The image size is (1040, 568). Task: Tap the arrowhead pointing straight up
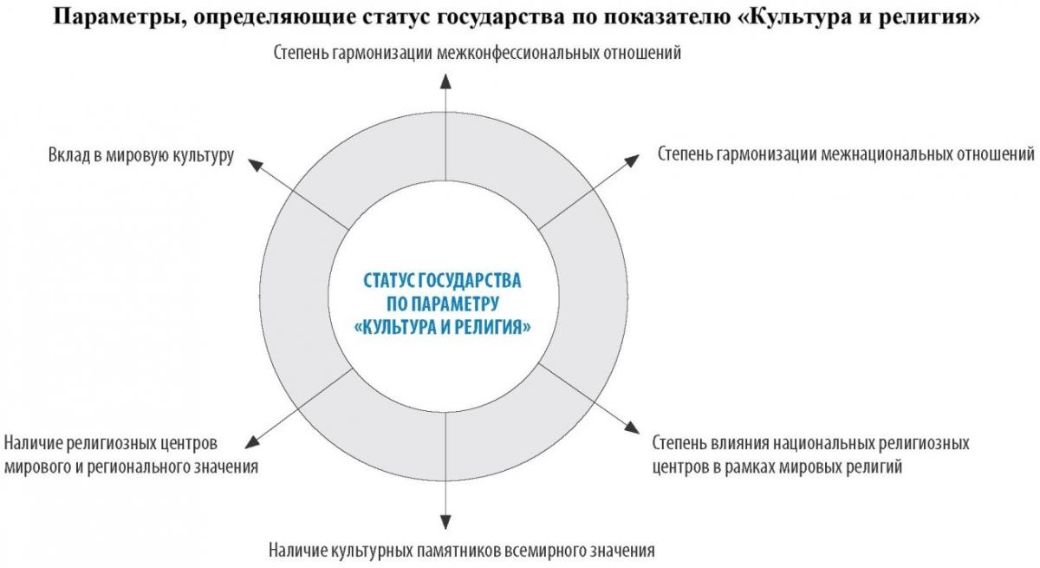coord(445,81)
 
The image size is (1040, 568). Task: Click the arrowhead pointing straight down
coord(445,522)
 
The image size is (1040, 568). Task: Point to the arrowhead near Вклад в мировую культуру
coord(256,165)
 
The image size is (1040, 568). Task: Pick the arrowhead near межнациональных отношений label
coord(632,160)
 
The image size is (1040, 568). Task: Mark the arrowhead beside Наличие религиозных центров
coord(252,442)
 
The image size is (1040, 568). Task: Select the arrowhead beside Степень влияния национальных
coord(633,428)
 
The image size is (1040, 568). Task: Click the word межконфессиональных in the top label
coord(517,53)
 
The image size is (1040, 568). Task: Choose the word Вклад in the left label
coord(69,155)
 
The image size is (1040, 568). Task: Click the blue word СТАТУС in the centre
coord(388,281)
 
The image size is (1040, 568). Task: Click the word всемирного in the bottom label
coord(544,551)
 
